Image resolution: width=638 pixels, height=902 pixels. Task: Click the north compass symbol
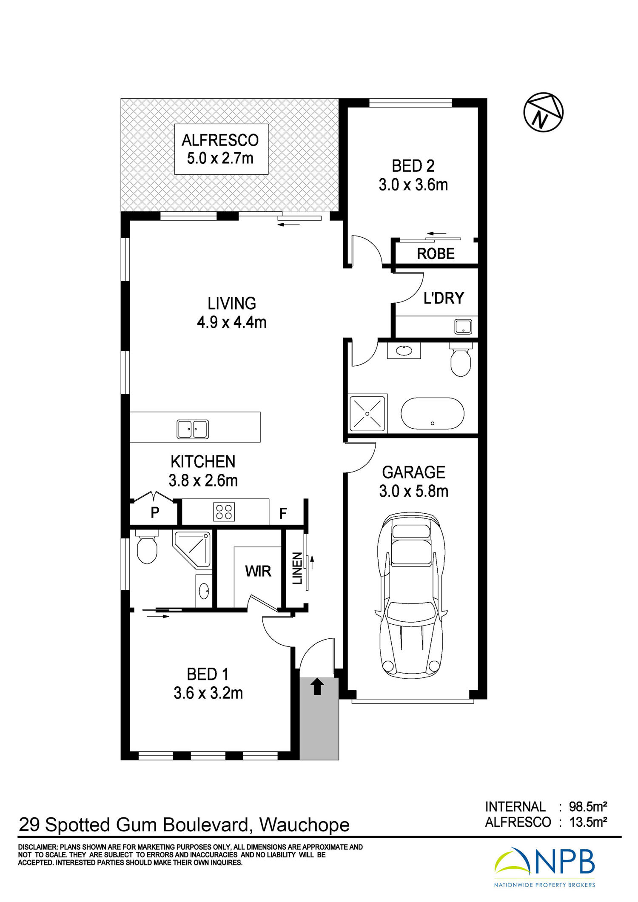[543, 112]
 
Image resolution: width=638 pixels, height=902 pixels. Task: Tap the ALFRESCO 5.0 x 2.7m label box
[221, 149]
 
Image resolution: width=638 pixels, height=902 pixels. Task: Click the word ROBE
[436, 254]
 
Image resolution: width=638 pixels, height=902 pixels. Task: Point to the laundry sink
[463, 327]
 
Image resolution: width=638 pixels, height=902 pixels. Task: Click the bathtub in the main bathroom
[433, 414]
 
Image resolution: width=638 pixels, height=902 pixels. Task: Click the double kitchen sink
[193, 429]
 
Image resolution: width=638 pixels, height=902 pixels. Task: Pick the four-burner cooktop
[224, 512]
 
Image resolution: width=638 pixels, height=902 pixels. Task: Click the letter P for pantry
[155, 512]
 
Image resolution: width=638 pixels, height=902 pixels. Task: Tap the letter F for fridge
[283, 514]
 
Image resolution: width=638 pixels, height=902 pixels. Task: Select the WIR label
[258, 571]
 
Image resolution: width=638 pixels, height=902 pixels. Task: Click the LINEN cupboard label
[297, 568]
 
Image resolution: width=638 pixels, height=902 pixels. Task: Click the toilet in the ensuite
[147, 546]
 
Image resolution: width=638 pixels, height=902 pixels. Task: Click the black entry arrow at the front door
[317, 687]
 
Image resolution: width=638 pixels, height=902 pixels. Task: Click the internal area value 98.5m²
[588, 807]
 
